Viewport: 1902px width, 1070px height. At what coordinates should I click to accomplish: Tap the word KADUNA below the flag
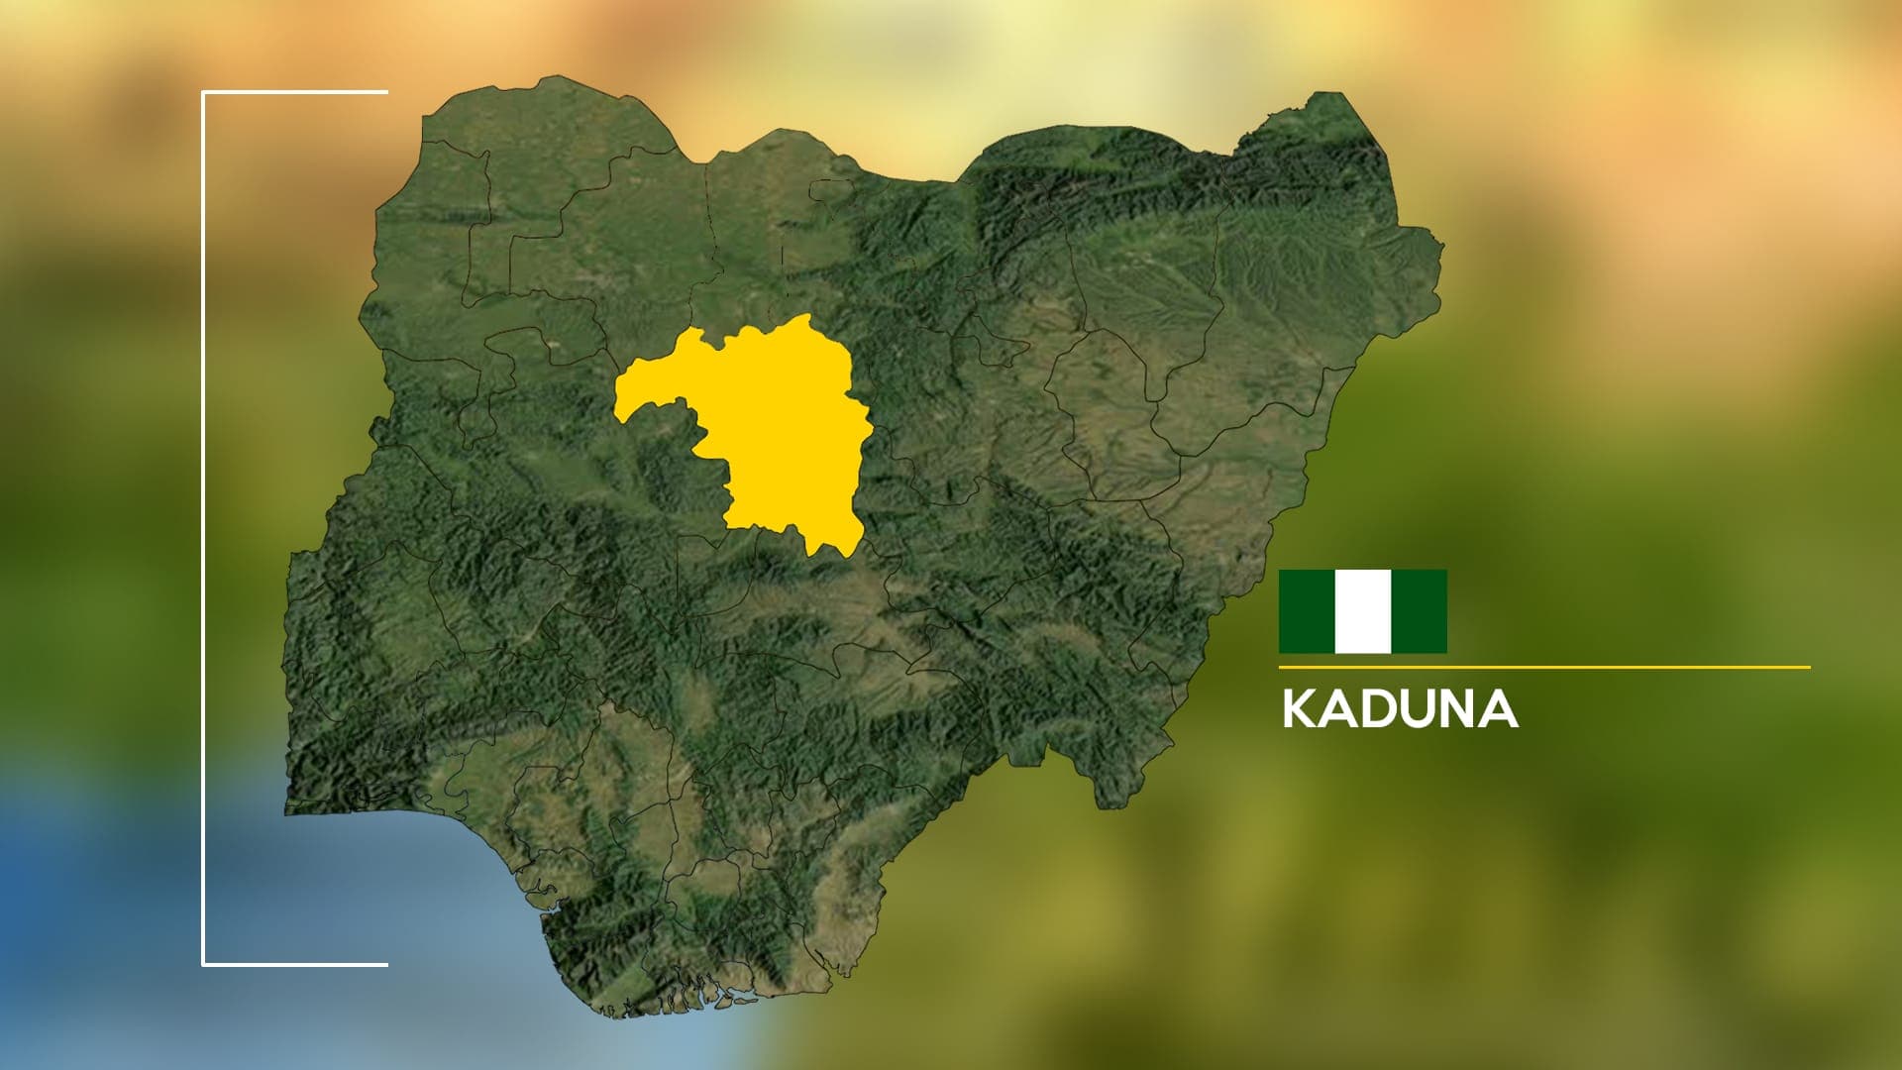1399,709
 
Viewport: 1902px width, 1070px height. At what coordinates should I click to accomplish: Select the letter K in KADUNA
1300,709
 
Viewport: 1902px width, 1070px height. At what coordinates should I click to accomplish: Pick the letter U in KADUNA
1419,709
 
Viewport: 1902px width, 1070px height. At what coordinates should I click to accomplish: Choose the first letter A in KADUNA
1339,709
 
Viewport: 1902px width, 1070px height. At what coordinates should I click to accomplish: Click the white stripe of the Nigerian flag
1363,611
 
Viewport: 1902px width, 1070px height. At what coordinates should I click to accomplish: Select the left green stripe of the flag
1307,611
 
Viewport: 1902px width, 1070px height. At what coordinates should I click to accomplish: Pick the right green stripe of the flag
1419,611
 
